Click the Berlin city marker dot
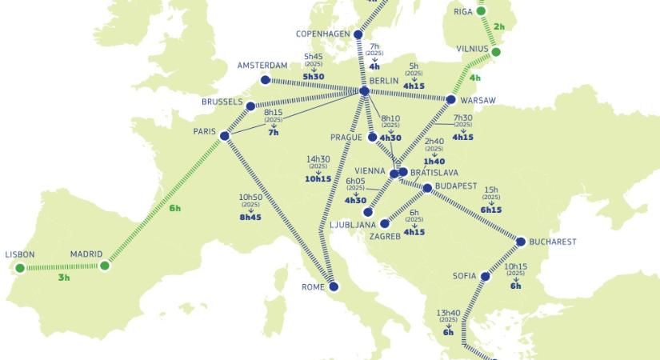click(365, 92)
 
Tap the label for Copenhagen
click(325, 34)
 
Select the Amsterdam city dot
click(266, 79)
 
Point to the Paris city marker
click(224, 136)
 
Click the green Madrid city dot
click(104, 266)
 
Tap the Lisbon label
click(20, 255)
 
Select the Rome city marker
click(334, 286)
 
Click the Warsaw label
click(478, 100)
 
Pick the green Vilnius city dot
click(495, 52)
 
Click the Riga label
click(464, 12)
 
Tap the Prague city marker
click(372, 138)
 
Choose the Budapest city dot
click(427, 189)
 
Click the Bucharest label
click(554, 242)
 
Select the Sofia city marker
click(484, 276)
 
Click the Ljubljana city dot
click(367, 213)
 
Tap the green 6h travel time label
click(175, 209)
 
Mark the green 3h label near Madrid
click(64, 278)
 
